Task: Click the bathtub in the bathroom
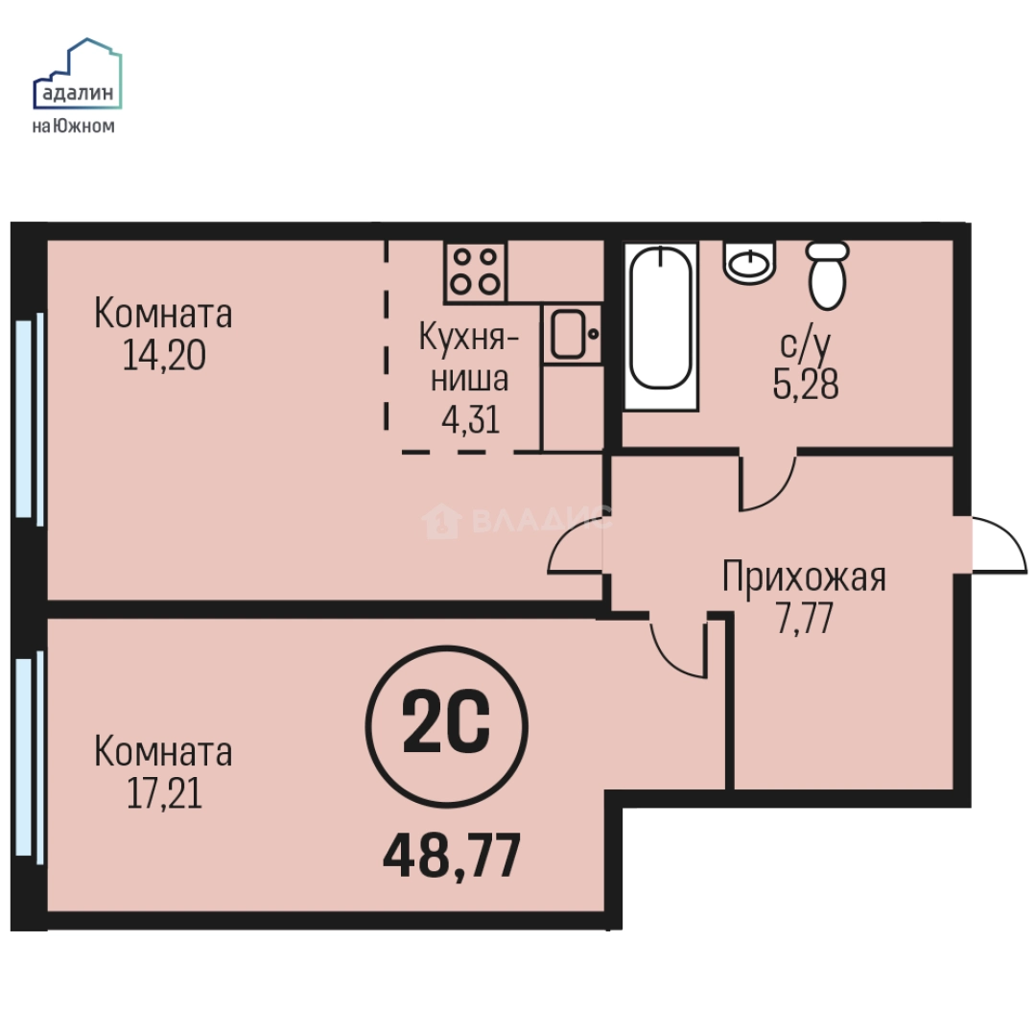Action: pos(661,326)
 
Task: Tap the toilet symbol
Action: pos(828,275)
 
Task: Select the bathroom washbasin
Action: pos(750,262)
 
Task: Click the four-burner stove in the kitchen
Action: pos(475,271)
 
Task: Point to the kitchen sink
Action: pos(572,333)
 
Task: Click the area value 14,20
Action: pos(164,356)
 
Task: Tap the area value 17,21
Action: pos(164,793)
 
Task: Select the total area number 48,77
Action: pos(452,855)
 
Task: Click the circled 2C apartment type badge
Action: pos(447,727)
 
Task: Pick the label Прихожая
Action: pos(804,577)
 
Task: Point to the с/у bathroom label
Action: pos(806,344)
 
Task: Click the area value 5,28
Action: pos(806,384)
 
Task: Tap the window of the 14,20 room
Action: pos(29,419)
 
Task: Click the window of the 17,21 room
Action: pos(29,757)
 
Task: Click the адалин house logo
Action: pos(78,74)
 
